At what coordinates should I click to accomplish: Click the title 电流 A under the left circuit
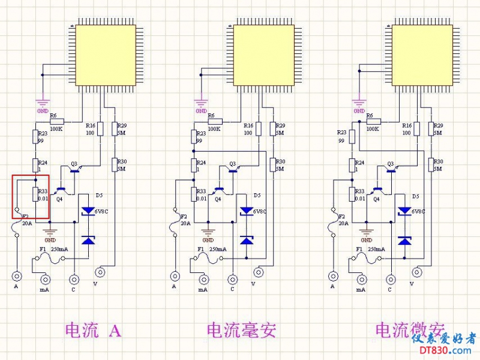[x=93, y=330]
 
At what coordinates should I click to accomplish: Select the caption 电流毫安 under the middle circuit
[x=241, y=330]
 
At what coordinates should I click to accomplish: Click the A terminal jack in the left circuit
[x=17, y=277]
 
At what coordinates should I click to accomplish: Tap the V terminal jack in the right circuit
[x=417, y=272]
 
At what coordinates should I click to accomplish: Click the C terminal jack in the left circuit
[x=74, y=279]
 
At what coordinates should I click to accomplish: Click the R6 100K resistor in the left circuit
[x=57, y=121]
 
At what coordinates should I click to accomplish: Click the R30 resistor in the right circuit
[x=431, y=164]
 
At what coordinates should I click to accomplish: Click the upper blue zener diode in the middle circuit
[x=247, y=211]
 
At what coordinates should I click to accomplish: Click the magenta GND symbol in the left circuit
[x=43, y=104]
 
